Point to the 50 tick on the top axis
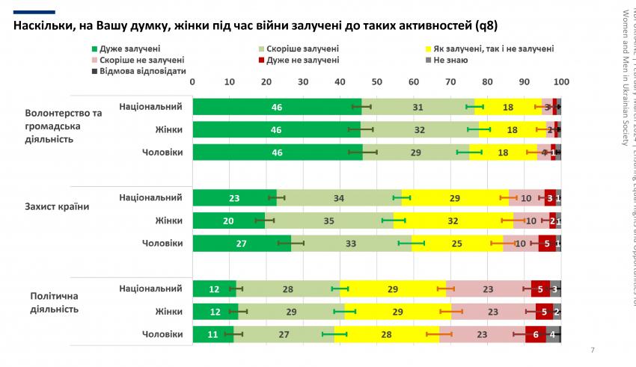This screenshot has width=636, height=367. point(377,82)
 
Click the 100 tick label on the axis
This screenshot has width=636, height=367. point(560,82)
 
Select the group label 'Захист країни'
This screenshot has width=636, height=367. point(58,207)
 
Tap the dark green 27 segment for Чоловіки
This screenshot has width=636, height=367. point(242,244)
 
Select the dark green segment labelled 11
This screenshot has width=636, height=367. point(213,334)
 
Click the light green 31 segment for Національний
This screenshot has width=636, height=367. point(418,107)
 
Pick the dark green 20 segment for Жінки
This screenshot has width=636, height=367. point(229,221)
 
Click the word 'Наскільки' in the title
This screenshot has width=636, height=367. point(44,26)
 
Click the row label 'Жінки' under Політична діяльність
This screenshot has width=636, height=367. point(168,311)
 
